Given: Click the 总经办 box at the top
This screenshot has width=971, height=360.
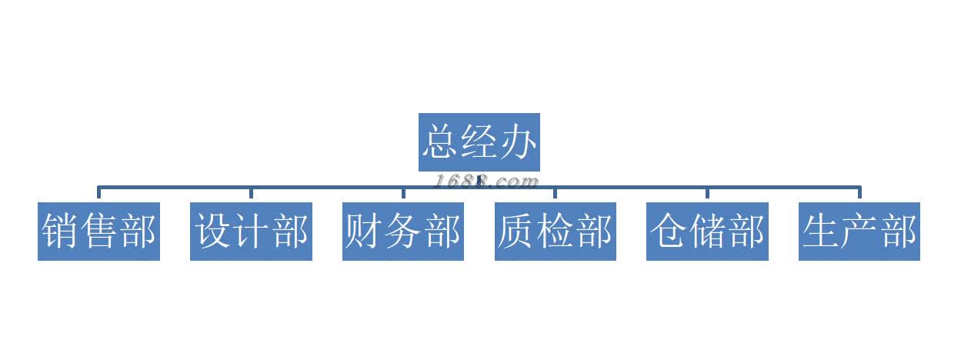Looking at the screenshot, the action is (479, 142).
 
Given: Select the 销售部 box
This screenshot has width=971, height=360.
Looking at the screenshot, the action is (98, 232).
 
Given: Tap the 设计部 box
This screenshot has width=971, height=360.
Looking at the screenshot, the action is (251, 232).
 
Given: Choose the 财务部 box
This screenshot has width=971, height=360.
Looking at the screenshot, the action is (402, 232).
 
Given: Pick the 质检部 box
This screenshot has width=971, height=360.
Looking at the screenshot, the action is (555, 232).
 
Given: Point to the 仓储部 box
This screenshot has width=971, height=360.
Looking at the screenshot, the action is (707, 232).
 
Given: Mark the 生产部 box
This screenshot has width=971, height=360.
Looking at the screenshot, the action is (859, 232).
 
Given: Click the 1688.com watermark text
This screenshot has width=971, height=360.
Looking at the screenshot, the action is (486, 182).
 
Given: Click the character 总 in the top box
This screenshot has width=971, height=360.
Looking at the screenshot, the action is (440, 142).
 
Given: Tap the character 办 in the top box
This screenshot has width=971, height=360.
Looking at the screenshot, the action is (518, 142).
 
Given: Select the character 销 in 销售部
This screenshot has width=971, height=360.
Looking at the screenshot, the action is (60, 232).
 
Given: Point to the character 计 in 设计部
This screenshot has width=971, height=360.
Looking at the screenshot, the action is (251, 232).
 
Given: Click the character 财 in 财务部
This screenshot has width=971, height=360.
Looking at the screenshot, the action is (364, 232).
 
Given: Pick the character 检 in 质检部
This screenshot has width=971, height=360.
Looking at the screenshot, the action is (555, 232).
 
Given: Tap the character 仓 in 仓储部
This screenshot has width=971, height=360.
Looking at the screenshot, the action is (669, 232).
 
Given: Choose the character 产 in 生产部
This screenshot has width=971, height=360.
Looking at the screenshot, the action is (859, 232).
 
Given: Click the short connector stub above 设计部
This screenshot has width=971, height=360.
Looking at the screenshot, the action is (251, 194).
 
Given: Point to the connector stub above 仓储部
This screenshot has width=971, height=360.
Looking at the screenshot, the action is (707, 194).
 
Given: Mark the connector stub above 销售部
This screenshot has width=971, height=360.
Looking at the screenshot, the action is (98, 194).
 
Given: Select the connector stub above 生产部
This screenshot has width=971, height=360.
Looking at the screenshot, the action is (859, 194).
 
